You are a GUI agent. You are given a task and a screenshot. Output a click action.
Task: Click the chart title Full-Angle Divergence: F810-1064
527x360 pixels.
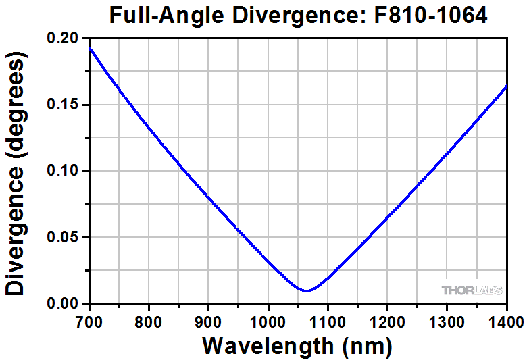coord(298,15)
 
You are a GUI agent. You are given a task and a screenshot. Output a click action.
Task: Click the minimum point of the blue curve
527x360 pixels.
coord(307,290)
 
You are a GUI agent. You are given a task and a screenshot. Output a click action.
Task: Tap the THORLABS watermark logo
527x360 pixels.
coord(472,290)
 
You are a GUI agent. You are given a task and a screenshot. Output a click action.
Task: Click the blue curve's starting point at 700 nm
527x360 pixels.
coord(90,49)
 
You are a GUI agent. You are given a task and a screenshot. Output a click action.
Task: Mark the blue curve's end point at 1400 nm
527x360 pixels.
coord(506,86)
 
